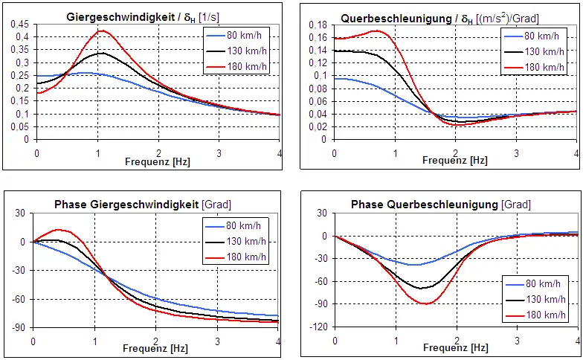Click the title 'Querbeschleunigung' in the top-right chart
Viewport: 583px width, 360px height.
tap(387, 16)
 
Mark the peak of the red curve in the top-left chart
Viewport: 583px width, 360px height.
tap(101, 31)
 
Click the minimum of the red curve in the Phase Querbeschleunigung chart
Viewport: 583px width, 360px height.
tap(425, 303)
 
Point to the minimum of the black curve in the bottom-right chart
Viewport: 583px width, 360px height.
tap(422, 288)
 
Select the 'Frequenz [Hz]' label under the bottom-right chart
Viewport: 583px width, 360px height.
tap(457, 347)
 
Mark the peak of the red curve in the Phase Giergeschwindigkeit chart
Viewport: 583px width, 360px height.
tap(58, 230)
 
